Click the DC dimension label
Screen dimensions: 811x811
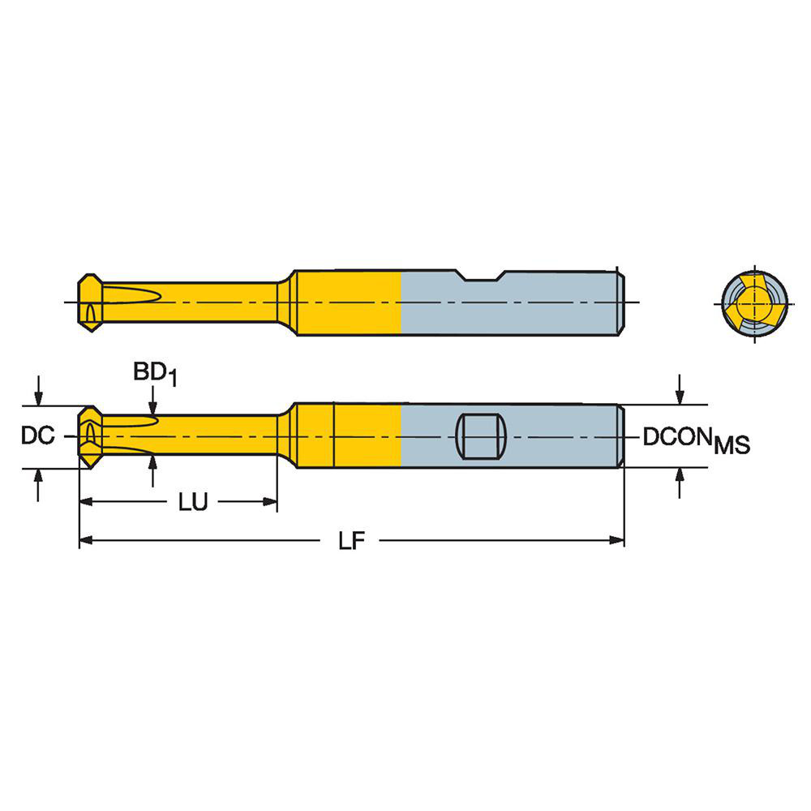37,436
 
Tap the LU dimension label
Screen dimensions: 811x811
193,503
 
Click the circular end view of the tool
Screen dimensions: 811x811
753,303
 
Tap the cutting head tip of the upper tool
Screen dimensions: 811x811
88,303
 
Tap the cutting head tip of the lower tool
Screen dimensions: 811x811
88,436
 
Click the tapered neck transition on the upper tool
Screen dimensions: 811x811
284,303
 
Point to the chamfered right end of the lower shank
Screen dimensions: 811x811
621,436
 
